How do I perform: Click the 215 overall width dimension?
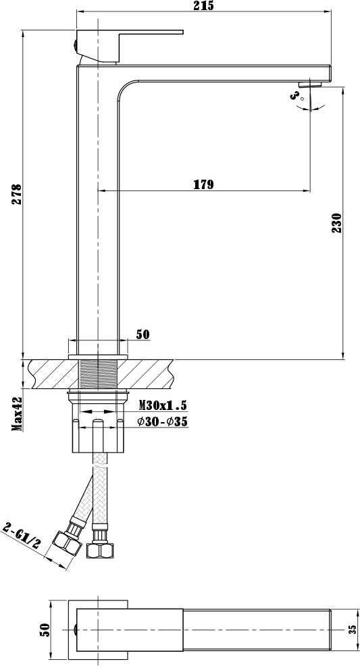coord(204,5)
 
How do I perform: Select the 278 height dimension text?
coord(17,194)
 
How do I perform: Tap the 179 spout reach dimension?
coord(204,184)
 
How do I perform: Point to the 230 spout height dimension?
coord(336,223)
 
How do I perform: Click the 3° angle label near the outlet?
coord(297,95)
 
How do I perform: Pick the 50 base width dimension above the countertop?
coord(143,334)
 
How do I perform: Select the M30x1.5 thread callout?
coord(163,405)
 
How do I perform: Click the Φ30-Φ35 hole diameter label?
coord(162,421)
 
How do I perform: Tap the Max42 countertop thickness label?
coord(17,414)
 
